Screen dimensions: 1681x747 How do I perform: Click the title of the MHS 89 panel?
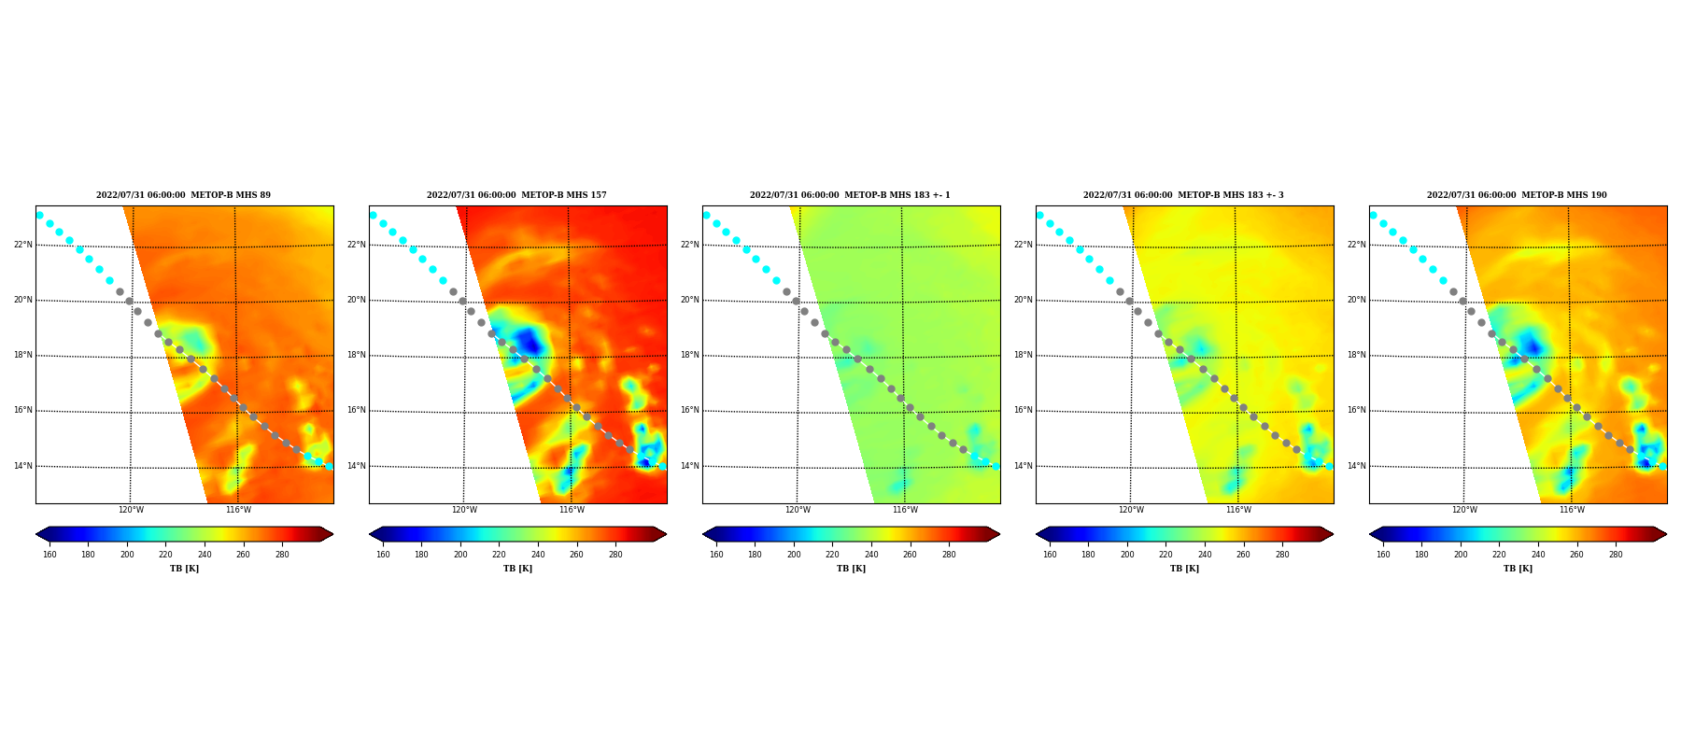coord(183,195)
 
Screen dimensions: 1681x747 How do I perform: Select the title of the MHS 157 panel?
coord(516,195)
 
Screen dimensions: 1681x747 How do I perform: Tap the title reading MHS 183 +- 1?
coord(850,195)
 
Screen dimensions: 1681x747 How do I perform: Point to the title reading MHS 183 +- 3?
coord(1183,195)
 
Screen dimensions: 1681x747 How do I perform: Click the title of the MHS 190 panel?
coord(1517,195)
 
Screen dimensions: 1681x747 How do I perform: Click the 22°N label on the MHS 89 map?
coord(22,245)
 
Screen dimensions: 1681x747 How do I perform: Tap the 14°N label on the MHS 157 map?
coord(356,466)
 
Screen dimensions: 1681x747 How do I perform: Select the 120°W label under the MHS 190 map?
coord(1464,510)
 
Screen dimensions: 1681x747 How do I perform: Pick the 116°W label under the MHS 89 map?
coord(238,510)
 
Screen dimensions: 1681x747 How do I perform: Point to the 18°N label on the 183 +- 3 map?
coord(1023,355)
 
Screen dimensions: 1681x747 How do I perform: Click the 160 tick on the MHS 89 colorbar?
coord(49,555)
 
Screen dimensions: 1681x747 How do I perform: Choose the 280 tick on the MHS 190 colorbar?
coord(1616,555)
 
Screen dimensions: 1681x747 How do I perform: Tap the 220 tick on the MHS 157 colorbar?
coord(499,555)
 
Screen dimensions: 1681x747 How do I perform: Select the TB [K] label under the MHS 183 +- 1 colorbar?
coord(851,569)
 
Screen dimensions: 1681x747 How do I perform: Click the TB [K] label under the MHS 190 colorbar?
coord(1518,569)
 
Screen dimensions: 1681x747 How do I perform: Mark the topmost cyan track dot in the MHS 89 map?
coord(39,215)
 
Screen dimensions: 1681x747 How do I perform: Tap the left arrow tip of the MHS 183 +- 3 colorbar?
coord(1037,534)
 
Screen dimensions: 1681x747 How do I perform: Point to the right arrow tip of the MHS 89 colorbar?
coord(332,534)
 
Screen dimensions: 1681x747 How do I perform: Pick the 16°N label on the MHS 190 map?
coord(1356,410)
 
